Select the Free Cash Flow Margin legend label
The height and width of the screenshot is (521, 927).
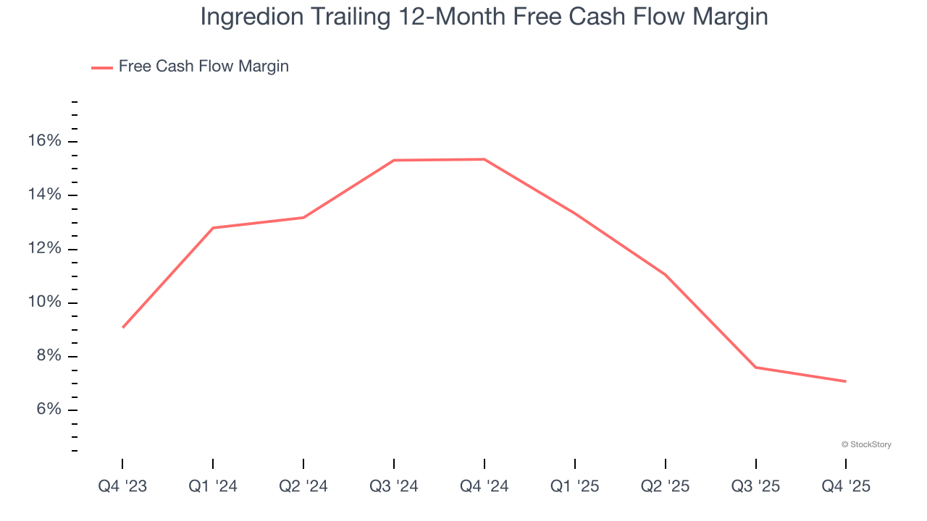click(204, 67)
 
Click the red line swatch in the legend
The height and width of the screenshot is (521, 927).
click(101, 67)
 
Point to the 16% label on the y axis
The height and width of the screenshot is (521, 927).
click(44, 141)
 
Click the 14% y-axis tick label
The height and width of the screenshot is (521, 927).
click(44, 195)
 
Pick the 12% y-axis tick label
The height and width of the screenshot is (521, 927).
click(44, 249)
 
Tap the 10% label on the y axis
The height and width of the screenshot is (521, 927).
click(44, 302)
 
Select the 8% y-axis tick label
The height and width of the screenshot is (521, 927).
click(49, 356)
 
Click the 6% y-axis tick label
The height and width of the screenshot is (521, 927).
click(49, 410)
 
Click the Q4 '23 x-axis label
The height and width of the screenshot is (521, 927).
click(122, 487)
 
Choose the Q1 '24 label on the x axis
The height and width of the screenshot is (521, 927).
click(213, 487)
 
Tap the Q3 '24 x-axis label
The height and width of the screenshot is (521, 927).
click(394, 487)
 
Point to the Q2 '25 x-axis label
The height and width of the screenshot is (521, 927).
click(666, 487)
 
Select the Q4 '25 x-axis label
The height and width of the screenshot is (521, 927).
click(846, 487)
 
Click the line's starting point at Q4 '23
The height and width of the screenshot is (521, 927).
click(122, 328)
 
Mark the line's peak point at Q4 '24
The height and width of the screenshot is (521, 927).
click(485, 159)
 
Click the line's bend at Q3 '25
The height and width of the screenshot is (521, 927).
click(756, 368)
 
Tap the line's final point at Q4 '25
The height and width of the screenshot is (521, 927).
click(846, 381)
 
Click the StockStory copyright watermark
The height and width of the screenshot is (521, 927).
click(866, 444)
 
